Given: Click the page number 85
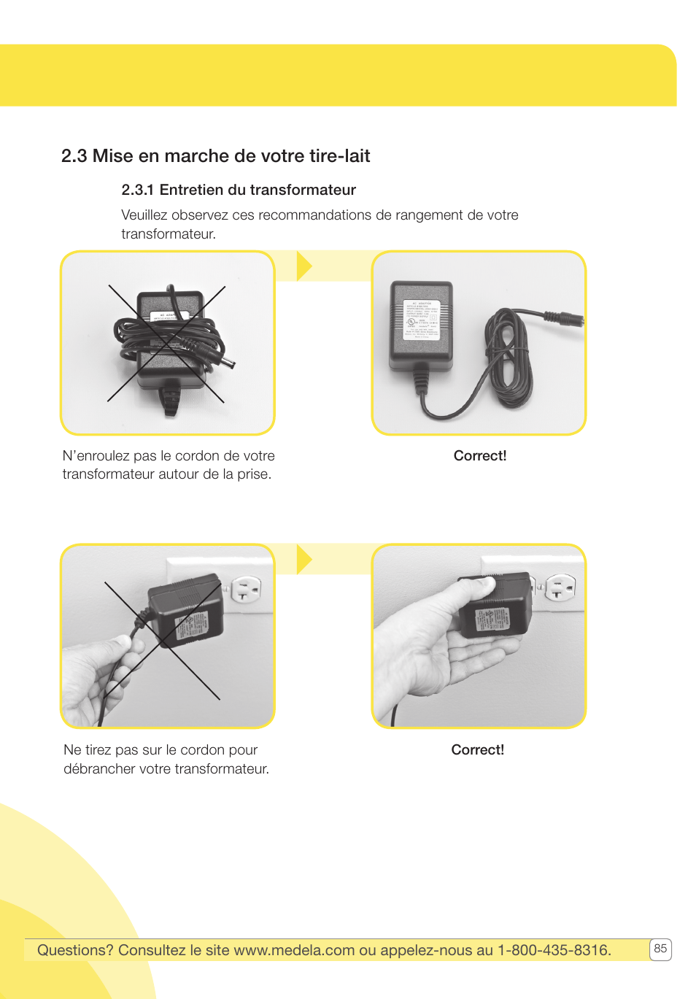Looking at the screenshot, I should click(x=660, y=949).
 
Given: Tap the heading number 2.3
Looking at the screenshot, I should click(x=74, y=156).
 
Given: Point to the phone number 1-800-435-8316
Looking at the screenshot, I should click(x=553, y=950).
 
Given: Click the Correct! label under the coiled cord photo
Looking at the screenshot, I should click(x=479, y=456).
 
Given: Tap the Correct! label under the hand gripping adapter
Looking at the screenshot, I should click(x=477, y=750).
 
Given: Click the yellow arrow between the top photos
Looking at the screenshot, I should click(x=304, y=266).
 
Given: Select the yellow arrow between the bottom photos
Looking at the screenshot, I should click(x=304, y=560).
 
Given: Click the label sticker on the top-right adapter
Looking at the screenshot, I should click(x=422, y=319).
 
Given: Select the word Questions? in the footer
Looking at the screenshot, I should click(x=75, y=950).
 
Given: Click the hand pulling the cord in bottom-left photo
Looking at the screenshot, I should click(x=98, y=675).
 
